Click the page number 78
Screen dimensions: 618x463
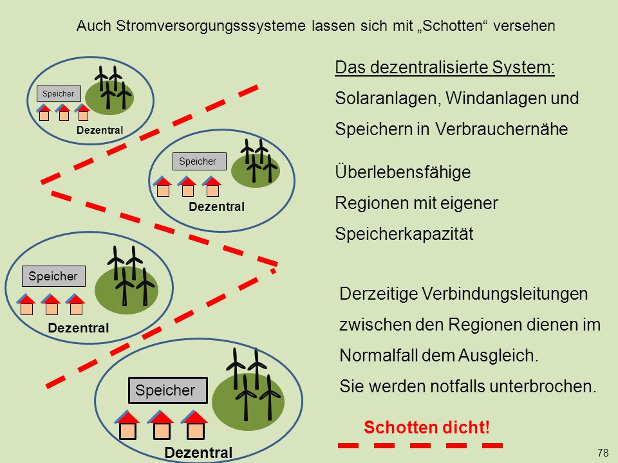pyautogui.click(x=603, y=452)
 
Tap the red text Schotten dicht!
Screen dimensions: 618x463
pyautogui.click(x=427, y=427)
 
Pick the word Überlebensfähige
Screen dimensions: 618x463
pyautogui.click(x=403, y=172)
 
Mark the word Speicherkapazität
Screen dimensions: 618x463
pyautogui.click(x=404, y=234)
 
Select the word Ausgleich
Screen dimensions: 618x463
pyautogui.click(x=498, y=356)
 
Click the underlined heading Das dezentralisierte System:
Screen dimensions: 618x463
pyautogui.click(x=445, y=68)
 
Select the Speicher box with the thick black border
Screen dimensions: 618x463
pyautogui.click(x=168, y=390)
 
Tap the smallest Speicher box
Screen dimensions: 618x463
pyautogui.click(x=59, y=94)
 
